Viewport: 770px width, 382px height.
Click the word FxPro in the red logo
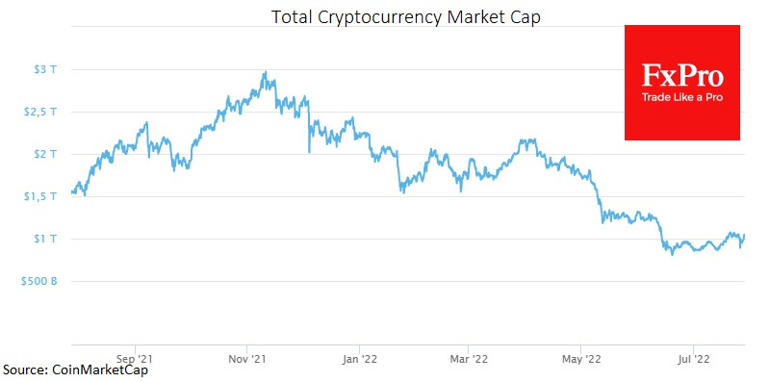click(x=682, y=76)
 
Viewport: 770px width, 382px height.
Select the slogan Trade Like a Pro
click(x=682, y=97)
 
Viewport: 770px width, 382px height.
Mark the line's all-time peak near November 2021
click(x=265, y=72)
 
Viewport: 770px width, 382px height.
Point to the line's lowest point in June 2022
click(x=671, y=254)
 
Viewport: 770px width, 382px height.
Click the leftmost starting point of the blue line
click(x=72, y=192)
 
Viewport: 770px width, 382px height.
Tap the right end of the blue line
click(x=745, y=236)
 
